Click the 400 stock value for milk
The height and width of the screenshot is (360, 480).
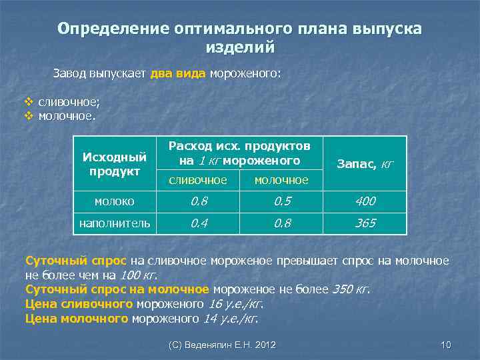coord(365,201)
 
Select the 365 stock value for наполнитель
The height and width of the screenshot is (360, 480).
coord(365,223)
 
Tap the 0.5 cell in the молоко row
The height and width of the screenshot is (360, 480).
coord(282,201)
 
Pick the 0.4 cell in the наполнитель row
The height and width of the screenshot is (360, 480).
coord(198,223)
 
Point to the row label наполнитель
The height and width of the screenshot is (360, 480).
coord(114,223)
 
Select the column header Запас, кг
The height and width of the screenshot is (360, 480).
coord(365,163)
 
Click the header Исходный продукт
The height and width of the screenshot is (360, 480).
coord(114,164)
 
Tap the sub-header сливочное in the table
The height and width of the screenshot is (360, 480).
coord(197,180)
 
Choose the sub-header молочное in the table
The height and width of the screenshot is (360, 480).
coord(282,180)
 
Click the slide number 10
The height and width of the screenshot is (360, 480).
coord(446,345)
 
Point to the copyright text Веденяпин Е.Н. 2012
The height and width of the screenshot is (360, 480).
coord(222,345)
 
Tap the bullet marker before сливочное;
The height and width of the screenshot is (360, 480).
coord(28,102)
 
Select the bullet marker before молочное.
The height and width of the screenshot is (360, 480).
coord(28,115)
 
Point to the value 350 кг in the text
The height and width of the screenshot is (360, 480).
coord(349,289)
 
